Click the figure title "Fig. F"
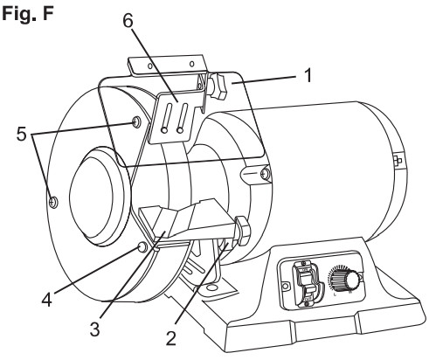(28, 14)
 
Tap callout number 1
(308, 75)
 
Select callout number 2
(170, 338)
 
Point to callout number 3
(94, 329)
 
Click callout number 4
(46, 300)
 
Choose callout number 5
(21, 135)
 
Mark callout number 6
(128, 21)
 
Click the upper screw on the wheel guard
(136, 121)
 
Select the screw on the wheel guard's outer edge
(54, 202)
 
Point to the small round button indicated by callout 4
(142, 247)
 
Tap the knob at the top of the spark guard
(218, 87)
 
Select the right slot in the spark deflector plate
(181, 119)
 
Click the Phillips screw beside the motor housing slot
(264, 174)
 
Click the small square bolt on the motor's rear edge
(398, 160)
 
